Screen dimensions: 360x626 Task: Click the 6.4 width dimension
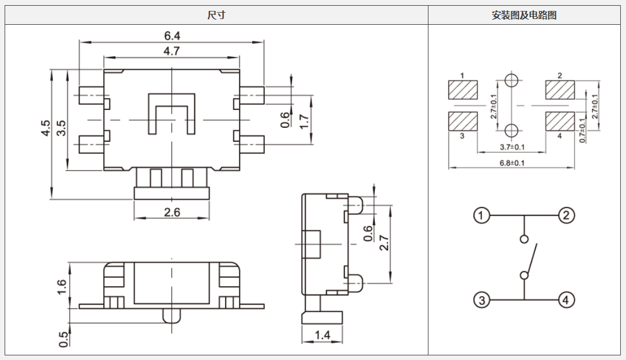[x=172, y=36]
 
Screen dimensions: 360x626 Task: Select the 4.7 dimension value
[x=172, y=51]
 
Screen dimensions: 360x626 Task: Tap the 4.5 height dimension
[x=45, y=128]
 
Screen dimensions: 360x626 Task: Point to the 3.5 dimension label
[x=61, y=128]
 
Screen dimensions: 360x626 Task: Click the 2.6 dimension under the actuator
[x=172, y=213]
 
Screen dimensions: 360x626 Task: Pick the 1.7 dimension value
[x=305, y=120]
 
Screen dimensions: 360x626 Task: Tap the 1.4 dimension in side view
[x=322, y=335]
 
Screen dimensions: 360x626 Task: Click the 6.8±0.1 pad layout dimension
[x=511, y=163]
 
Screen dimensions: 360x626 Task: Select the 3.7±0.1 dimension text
[x=511, y=147]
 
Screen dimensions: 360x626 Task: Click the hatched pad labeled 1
[x=463, y=90]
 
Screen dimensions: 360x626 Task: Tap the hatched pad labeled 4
[x=560, y=122]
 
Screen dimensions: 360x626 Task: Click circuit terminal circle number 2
[x=566, y=216]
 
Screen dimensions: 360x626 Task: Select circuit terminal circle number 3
[x=481, y=300]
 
